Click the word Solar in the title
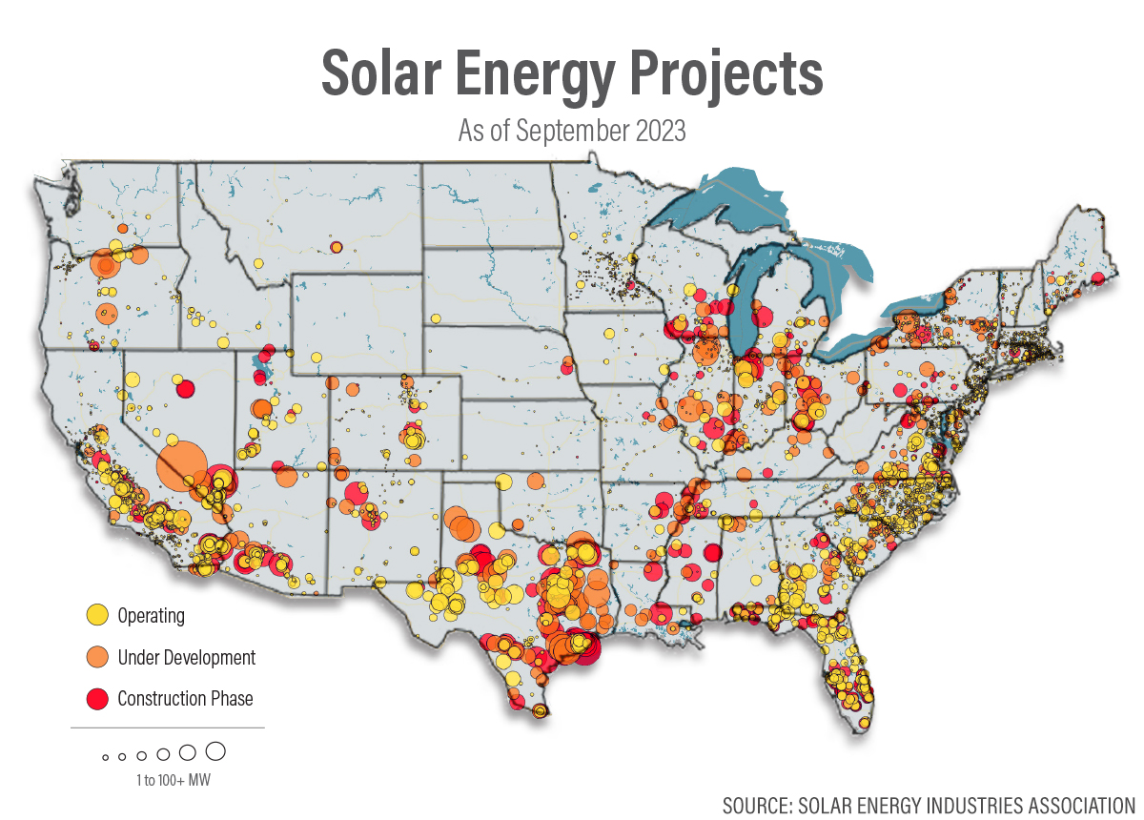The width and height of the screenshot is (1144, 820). [381, 73]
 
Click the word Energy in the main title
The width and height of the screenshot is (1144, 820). [535, 76]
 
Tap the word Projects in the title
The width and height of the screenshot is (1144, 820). [726, 76]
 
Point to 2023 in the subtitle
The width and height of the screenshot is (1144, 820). [661, 131]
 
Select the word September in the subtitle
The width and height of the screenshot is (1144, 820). [573, 132]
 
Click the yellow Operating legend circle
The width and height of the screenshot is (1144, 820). [97, 615]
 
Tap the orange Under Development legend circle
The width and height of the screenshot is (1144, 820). [97, 657]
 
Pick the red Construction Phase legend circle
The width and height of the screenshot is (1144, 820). [97, 698]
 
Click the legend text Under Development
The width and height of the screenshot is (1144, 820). [187, 658]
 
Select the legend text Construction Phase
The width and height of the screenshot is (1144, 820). [185, 698]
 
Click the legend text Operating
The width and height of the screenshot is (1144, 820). [152, 616]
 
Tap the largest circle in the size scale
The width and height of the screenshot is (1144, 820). [215, 751]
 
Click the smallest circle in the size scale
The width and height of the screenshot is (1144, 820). [106, 758]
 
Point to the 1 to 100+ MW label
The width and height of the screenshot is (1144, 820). [174, 780]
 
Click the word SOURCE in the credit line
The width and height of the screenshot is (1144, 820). [757, 806]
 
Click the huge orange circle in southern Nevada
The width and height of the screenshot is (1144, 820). [182, 466]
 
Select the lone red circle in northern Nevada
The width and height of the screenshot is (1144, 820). [185, 389]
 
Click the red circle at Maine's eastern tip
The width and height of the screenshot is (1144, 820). [1098, 279]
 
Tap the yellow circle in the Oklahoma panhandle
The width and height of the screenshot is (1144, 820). [503, 482]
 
